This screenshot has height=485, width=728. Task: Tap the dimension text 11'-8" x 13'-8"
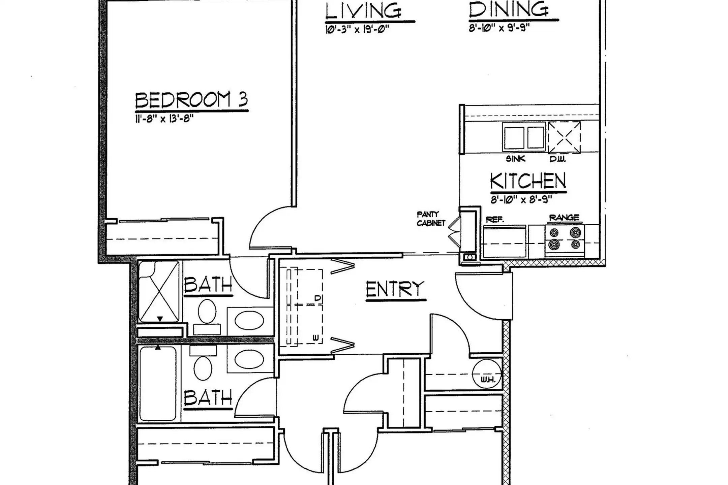click(x=164, y=119)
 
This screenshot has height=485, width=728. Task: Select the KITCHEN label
click(x=528, y=181)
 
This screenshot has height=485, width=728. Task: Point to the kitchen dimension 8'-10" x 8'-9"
click(x=521, y=200)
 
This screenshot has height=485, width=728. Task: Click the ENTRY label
click(x=395, y=289)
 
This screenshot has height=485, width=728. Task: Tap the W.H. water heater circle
click(x=486, y=374)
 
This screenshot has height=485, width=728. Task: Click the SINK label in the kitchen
click(x=515, y=159)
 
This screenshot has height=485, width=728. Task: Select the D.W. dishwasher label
click(x=557, y=159)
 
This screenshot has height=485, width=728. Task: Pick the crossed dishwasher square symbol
click(x=564, y=137)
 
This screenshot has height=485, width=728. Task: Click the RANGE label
click(x=564, y=218)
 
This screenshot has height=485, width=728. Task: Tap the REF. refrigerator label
click(x=495, y=220)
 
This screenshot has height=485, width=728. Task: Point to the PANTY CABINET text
click(x=431, y=219)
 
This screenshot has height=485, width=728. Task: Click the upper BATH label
click(x=208, y=285)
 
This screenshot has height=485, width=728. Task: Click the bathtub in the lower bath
click(x=158, y=384)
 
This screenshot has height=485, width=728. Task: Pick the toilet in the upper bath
click(x=207, y=312)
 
